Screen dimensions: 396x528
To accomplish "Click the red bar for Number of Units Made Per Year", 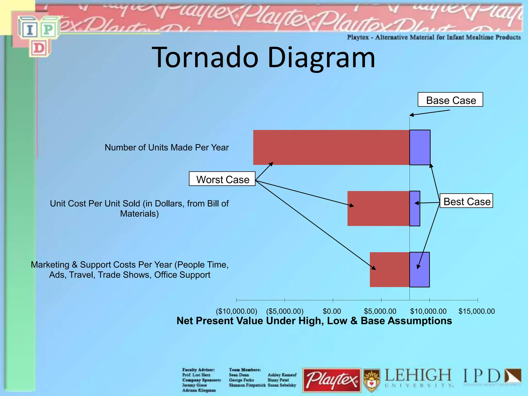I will click(x=331, y=147).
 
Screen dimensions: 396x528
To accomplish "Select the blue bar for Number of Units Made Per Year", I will click(x=420, y=147).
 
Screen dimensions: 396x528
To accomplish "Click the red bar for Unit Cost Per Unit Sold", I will click(x=378, y=208).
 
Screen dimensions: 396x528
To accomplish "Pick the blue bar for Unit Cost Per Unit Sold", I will click(x=415, y=208).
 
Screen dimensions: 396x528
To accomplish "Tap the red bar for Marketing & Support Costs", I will click(x=390, y=269).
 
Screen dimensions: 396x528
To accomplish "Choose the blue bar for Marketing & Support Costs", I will click(x=419, y=269).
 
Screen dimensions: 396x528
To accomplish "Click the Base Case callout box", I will click(x=450, y=100).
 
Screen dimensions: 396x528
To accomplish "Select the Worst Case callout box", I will click(x=222, y=179).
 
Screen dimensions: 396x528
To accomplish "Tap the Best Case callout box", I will click(x=466, y=201).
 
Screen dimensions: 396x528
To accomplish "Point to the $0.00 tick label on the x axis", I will click(x=332, y=311).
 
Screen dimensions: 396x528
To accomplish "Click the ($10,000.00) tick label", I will click(x=236, y=311).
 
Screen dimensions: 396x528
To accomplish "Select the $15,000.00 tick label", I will click(x=476, y=311).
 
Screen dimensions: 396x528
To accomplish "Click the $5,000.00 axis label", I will click(x=380, y=311).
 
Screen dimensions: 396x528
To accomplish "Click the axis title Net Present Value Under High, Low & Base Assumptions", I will click(x=314, y=321).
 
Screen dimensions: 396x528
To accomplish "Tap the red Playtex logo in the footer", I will click(x=332, y=380).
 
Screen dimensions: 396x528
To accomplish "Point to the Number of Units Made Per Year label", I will click(x=167, y=147).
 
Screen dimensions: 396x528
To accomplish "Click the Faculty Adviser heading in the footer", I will click(x=198, y=370).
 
